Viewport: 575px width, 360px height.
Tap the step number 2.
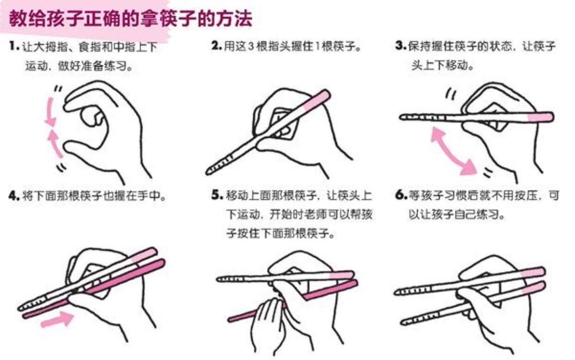[216, 46]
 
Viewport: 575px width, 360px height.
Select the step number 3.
[400, 46]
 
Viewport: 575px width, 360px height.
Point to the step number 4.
[14, 196]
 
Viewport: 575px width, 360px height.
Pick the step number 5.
[217, 195]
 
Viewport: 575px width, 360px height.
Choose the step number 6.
[401, 195]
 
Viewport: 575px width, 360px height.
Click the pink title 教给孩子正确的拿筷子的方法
[131, 19]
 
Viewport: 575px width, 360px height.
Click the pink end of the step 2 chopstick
[317, 100]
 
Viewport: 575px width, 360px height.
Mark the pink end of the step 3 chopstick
[541, 117]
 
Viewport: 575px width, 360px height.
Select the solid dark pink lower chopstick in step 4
[94, 289]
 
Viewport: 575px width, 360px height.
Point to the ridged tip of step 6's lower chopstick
[421, 319]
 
